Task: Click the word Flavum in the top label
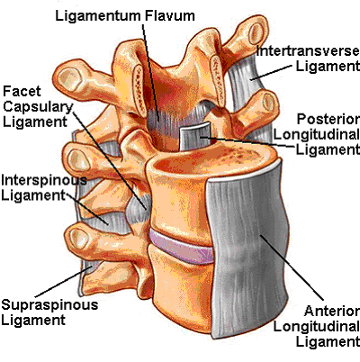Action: pos(170,15)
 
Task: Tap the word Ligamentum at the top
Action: pos(99,16)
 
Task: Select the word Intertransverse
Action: pos(308,50)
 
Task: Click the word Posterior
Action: pos(328,119)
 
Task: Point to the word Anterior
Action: pos(331,311)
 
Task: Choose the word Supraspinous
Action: pos(49,305)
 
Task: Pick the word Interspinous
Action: pos(44,181)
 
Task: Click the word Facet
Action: pos(22,91)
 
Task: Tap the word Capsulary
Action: pos(38,107)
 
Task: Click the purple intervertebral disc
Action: pos(182,246)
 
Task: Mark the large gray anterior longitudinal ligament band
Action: pos(247,249)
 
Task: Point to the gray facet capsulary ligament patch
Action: pos(138,208)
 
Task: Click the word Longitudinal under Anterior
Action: pos(316,327)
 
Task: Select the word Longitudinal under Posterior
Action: pos(316,135)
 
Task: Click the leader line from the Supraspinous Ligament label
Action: pos(63,282)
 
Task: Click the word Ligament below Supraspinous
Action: pos(33,321)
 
